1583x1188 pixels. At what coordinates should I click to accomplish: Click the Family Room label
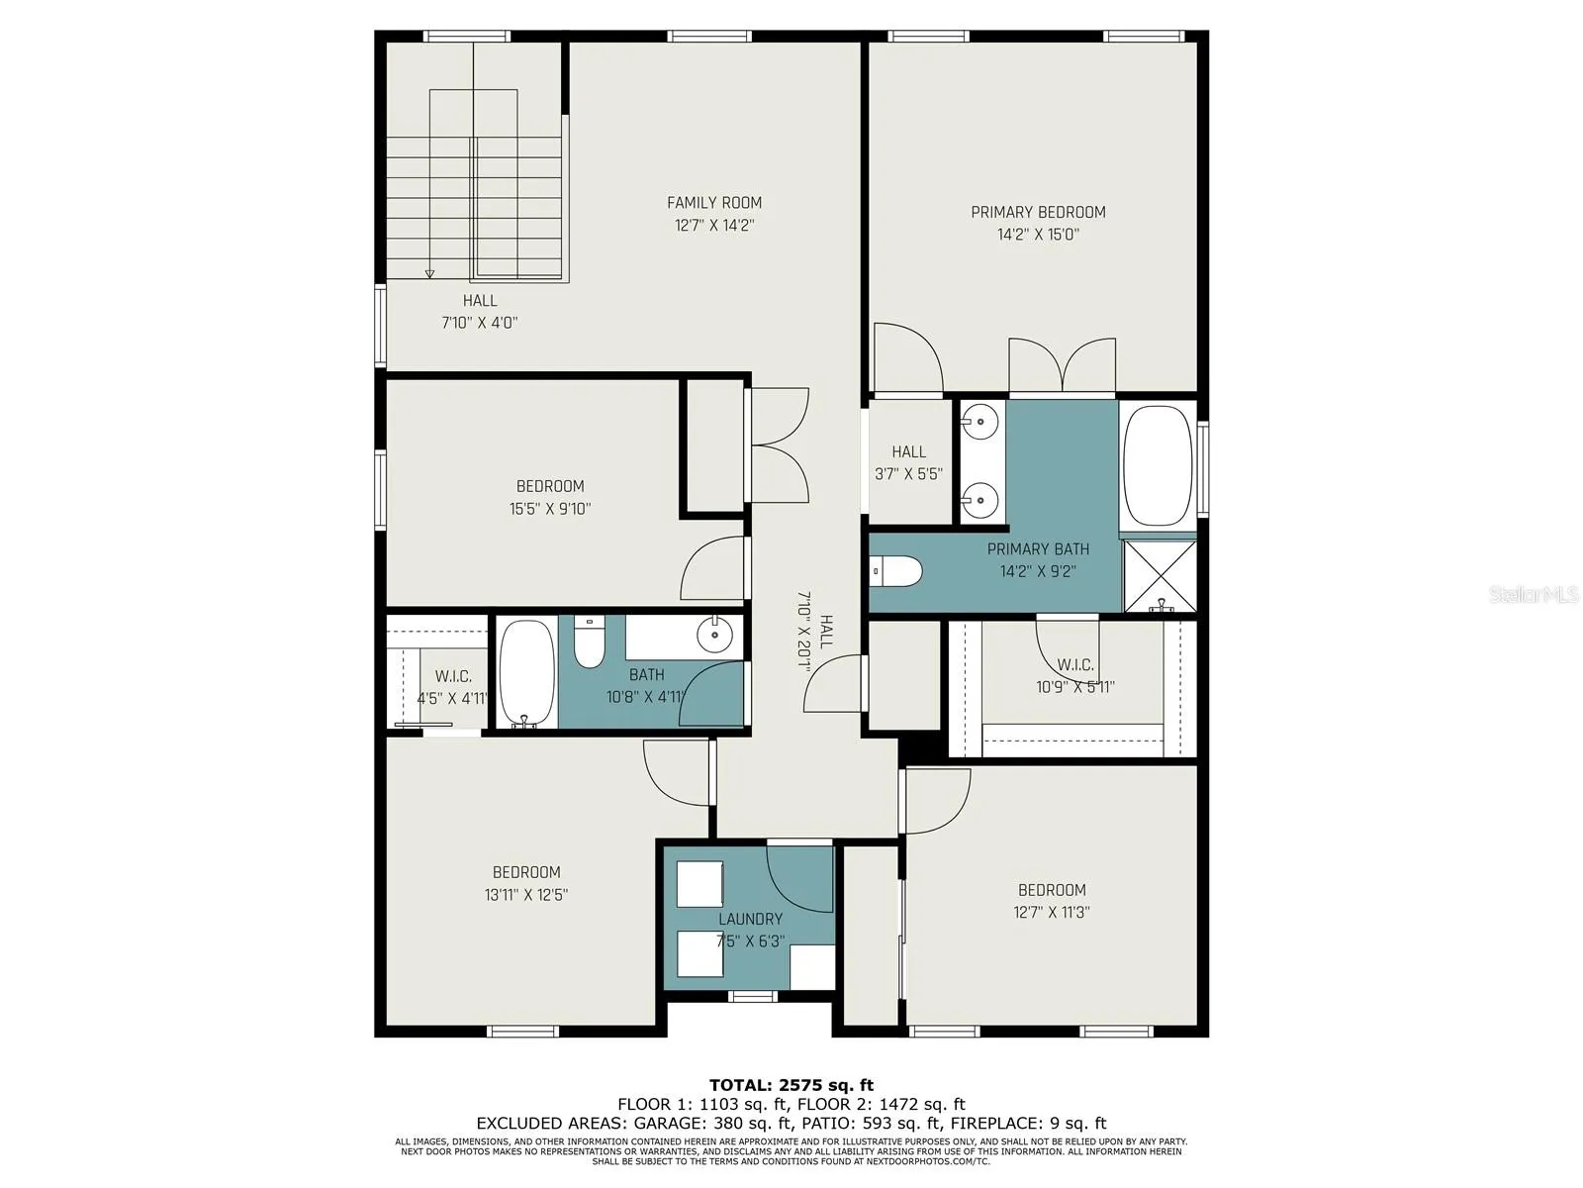[714, 203]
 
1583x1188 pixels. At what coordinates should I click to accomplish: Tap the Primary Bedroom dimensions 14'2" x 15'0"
[1038, 235]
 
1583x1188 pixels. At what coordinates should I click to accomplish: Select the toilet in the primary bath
[895, 571]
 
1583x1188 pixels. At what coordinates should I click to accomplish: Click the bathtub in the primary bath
[1157, 466]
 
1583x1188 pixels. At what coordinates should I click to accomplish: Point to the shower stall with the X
[1160, 575]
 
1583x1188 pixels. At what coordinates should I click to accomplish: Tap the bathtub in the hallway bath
[527, 673]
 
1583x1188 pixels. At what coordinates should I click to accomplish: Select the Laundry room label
[750, 919]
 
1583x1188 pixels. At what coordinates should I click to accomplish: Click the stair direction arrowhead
[429, 273]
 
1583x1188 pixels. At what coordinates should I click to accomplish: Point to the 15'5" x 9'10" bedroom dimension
[549, 509]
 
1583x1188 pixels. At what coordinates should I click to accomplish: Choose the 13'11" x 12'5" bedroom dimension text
[526, 895]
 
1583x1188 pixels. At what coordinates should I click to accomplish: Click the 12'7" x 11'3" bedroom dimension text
[1052, 913]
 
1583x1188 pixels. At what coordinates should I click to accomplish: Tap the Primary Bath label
[1038, 548]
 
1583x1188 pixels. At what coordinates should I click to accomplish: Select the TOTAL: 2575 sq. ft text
[791, 1085]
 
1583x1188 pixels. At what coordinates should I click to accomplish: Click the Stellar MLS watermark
[1533, 594]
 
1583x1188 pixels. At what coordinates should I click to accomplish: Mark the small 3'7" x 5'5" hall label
[908, 463]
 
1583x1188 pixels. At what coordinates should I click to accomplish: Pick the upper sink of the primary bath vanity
[979, 422]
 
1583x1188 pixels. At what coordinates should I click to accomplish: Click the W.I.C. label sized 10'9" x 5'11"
[1075, 676]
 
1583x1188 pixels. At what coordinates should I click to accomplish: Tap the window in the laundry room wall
[753, 997]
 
